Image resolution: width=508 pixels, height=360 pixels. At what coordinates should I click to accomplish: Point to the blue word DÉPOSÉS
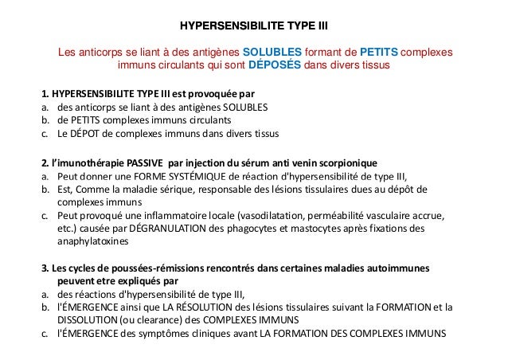tap(275, 66)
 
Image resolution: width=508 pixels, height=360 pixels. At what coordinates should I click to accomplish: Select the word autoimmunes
tap(401, 268)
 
